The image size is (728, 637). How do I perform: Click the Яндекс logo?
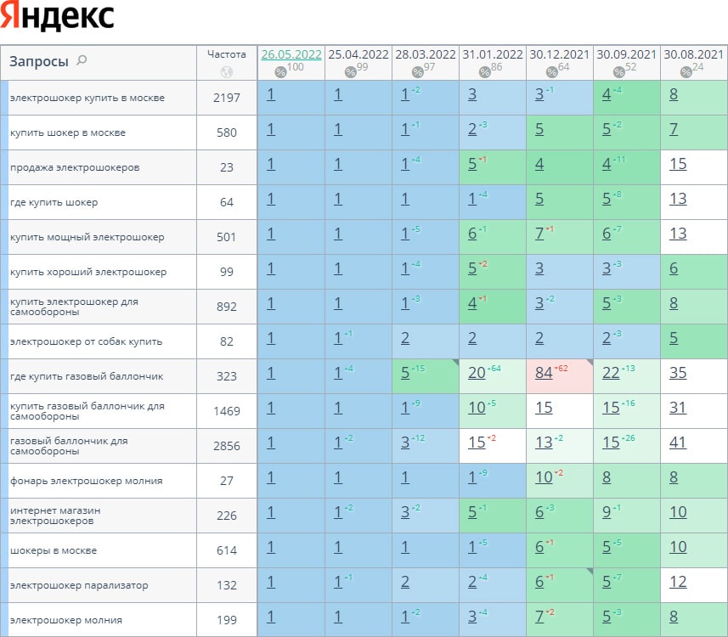pyautogui.click(x=58, y=17)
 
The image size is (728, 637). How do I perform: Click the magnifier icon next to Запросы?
pyautogui.click(x=82, y=60)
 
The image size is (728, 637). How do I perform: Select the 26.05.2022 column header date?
pyautogui.click(x=291, y=54)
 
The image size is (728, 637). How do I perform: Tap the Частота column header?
pyautogui.click(x=226, y=54)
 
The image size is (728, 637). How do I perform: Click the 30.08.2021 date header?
pyautogui.click(x=693, y=54)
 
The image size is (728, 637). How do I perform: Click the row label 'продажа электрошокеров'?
pyautogui.click(x=75, y=167)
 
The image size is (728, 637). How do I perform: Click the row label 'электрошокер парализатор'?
pyautogui.click(x=79, y=585)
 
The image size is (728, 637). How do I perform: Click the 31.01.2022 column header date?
pyautogui.click(x=493, y=54)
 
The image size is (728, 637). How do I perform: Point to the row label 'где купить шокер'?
pyautogui.click(x=54, y=202)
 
